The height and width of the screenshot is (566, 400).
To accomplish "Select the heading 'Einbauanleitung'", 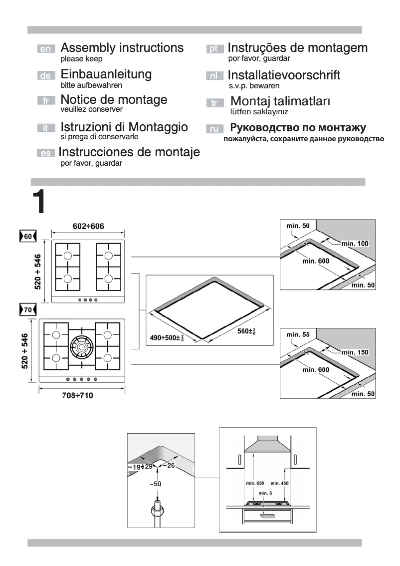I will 106,74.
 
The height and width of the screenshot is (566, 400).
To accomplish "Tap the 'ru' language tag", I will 213,129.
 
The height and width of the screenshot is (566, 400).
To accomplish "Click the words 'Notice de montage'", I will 114,99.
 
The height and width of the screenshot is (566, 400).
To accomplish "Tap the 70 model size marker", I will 27,310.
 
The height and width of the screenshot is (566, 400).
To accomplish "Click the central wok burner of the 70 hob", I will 80,345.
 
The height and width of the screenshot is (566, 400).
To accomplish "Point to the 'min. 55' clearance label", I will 298,335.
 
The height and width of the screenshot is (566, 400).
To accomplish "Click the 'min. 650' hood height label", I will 254,484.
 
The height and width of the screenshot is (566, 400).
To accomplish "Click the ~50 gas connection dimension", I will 157,484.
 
